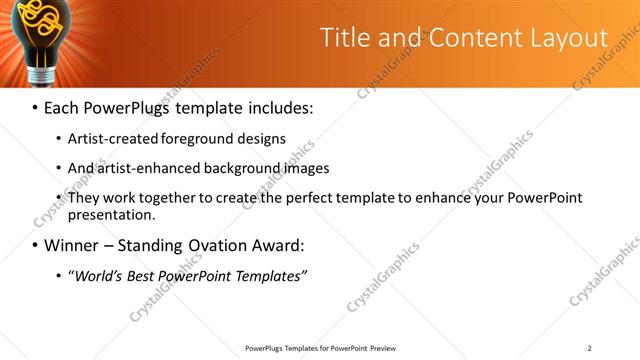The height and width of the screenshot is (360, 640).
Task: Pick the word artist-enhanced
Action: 147,168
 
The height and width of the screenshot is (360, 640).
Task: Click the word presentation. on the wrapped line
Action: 112,214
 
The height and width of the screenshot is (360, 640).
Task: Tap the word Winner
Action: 72,245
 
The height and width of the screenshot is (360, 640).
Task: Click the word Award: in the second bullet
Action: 283,245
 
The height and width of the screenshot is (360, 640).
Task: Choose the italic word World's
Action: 99,276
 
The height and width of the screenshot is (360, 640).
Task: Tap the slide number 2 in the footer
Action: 590,348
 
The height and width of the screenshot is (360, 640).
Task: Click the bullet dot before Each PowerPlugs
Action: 35,106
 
